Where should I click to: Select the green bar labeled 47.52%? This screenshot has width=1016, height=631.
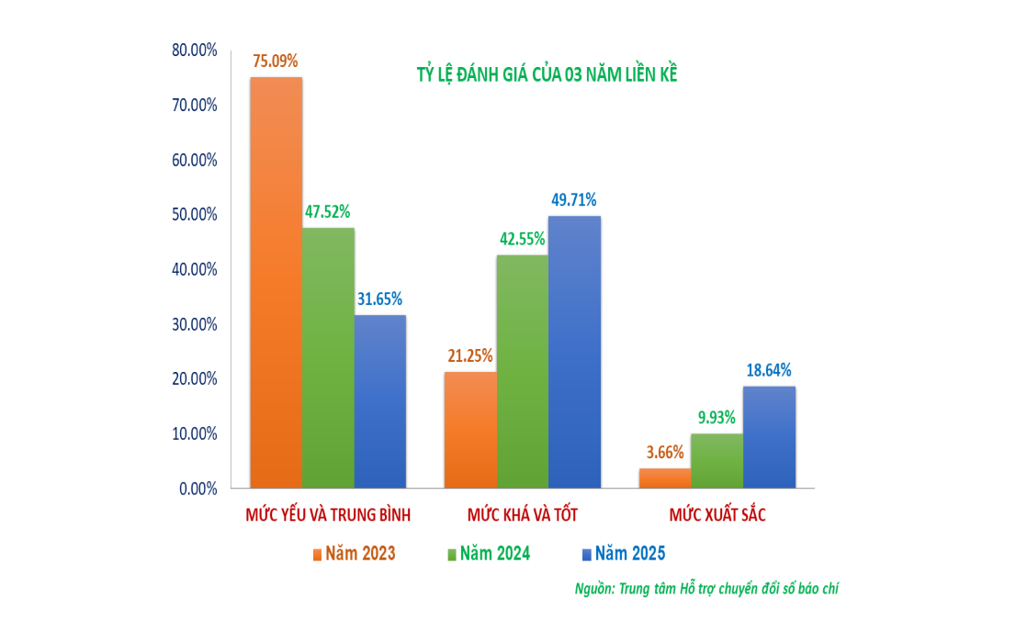point(328,357)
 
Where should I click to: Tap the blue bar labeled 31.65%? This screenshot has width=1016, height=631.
point(379,401)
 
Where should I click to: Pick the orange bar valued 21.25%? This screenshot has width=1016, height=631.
point(469,430)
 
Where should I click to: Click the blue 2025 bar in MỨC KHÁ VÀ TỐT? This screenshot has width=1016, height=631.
point(574,352)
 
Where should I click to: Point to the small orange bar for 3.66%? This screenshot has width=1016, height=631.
point(665,479)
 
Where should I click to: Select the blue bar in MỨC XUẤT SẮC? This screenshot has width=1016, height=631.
point(769,437)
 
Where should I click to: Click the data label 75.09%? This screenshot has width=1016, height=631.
point(276,62)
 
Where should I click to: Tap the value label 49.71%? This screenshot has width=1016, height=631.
point(574,200)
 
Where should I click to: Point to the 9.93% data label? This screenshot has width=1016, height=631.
point(717,418)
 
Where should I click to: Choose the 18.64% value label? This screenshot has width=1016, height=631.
point(768,370)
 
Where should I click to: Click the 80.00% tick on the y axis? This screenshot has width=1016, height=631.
point(195,50)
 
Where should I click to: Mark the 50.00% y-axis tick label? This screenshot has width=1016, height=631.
point(195,214)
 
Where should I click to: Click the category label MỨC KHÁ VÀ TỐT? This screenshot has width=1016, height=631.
point(522,514)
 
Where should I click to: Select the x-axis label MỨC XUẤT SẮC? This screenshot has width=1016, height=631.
point(717,514)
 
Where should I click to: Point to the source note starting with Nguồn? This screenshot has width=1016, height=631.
point(706,589)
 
